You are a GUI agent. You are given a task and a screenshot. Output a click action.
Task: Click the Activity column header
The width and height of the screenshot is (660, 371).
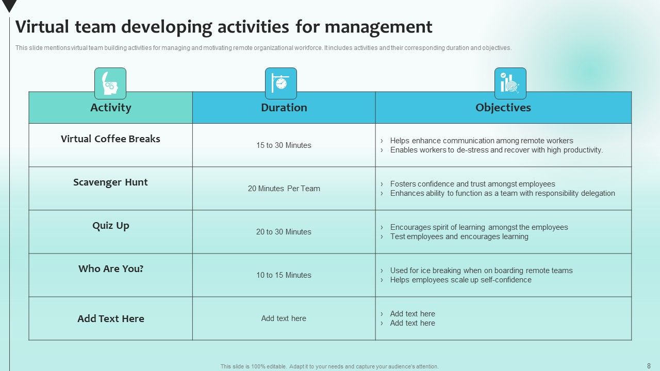(x=110, y=108)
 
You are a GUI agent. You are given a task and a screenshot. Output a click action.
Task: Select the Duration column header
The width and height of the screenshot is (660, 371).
(x=284, y=108)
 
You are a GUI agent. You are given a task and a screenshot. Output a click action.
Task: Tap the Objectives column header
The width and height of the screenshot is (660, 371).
(x=503, y=108)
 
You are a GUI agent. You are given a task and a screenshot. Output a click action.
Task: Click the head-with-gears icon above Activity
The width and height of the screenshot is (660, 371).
(x=110, y=83)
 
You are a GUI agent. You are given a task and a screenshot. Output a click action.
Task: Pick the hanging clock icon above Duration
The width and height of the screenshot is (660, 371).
(x=281, y=83)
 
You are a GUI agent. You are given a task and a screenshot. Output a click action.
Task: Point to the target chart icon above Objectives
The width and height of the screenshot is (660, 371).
(x=510, y=83)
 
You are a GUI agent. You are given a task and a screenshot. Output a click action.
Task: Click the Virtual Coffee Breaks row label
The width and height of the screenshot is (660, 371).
(x=110, y=139)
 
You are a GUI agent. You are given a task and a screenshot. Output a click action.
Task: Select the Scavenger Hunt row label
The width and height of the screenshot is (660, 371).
(x=110, y=182)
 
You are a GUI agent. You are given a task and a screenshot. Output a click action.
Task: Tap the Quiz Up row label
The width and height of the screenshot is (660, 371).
(x=110, y=226)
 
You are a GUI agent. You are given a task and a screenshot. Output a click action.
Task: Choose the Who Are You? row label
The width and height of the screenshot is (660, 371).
(x=110, y=269)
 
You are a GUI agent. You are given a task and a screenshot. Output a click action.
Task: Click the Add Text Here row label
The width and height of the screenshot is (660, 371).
(x=110, y=319)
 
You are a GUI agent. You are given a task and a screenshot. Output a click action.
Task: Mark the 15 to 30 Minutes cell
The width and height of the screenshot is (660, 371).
(x=284, y=145)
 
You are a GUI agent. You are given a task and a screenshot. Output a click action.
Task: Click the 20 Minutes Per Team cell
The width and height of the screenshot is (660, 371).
(x=284, y=189)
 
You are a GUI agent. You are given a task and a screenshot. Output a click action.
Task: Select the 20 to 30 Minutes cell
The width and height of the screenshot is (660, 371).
(x=284, y=232)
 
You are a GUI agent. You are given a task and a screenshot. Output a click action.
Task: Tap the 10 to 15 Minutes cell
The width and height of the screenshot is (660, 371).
(x=284, y=275)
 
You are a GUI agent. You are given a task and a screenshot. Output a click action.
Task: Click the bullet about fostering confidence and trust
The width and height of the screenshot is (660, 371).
(x=472, y=184)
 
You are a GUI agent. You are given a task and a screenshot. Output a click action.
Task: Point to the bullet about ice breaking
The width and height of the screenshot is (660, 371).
(x=481, y=271)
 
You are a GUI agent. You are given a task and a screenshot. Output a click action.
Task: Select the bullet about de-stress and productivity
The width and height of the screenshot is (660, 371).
(x=496, y=150)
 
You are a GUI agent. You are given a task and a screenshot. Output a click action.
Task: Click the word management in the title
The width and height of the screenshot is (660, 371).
(x=378, y=27)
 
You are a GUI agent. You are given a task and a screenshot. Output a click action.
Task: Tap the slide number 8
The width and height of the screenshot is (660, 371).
(x=649, y=366)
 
